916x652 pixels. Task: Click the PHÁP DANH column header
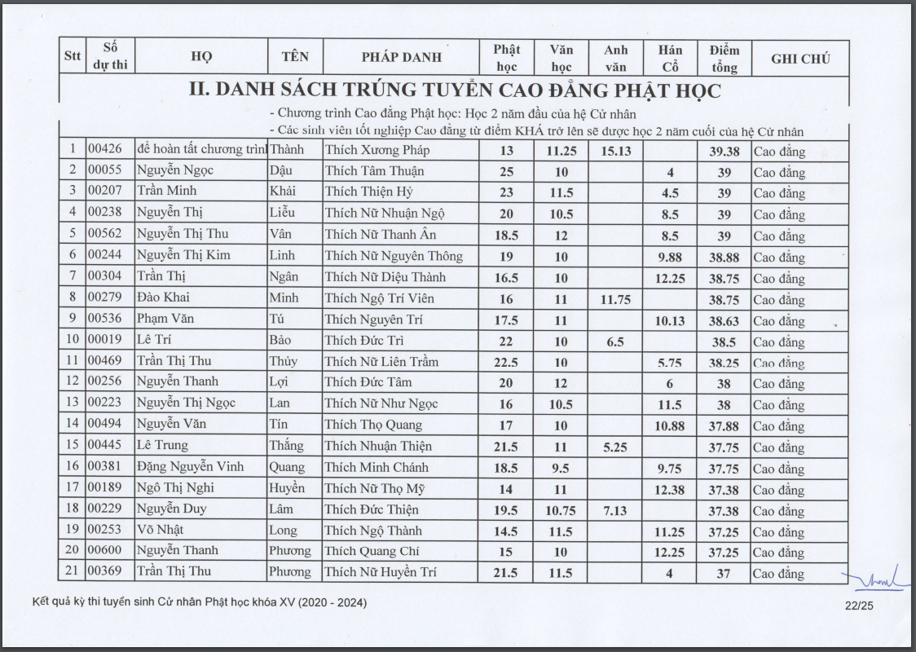pyautogui.click(x=401, y=57)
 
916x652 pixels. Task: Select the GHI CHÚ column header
pyautogui.click(x=799, y=58)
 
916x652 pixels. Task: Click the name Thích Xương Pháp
pyautogui.click(x=377, y=150)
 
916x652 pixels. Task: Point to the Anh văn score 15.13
pyautogui.click(x=616, y=151)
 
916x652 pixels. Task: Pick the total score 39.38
pyautogui.click(x=724, y=151)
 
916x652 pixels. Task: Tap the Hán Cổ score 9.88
pyautogui.click(x=670, y=257)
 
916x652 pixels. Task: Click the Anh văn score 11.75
pyautogui.click(x=616, y=299)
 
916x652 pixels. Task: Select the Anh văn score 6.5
pyautogui.click(x=616, y=341)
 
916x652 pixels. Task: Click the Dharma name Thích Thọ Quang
pyautogui.click(x=373, y=425)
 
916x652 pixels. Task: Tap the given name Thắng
pyautogui.click(x=286, y=446)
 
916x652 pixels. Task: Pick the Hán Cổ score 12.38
pyautogui.click(x=670, y=489)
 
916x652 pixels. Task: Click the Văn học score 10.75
pyautogui.click(x=561, y=510)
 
